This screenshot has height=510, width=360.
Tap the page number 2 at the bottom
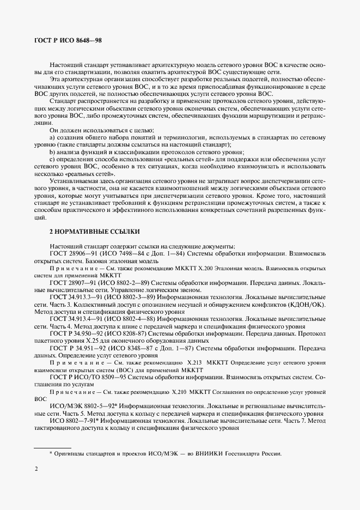pyautogui.click(x=36, y=470)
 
